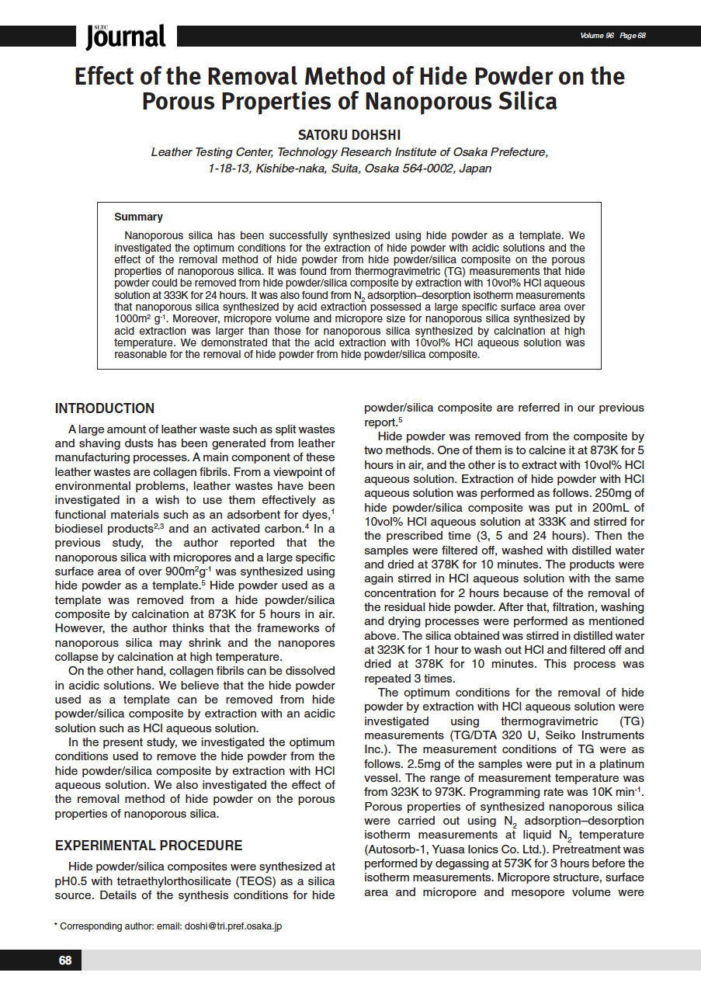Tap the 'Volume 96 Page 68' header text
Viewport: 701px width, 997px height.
point(613,36)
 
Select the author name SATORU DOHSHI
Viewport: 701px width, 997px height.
point(349,135)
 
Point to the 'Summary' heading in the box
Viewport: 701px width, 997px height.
point(138,217)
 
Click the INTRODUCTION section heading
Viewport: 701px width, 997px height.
point(105,408)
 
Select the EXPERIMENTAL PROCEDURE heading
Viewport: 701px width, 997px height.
point(148,846)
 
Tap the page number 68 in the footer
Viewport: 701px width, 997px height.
point(65,961)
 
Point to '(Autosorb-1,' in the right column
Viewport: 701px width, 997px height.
point(396,849)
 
